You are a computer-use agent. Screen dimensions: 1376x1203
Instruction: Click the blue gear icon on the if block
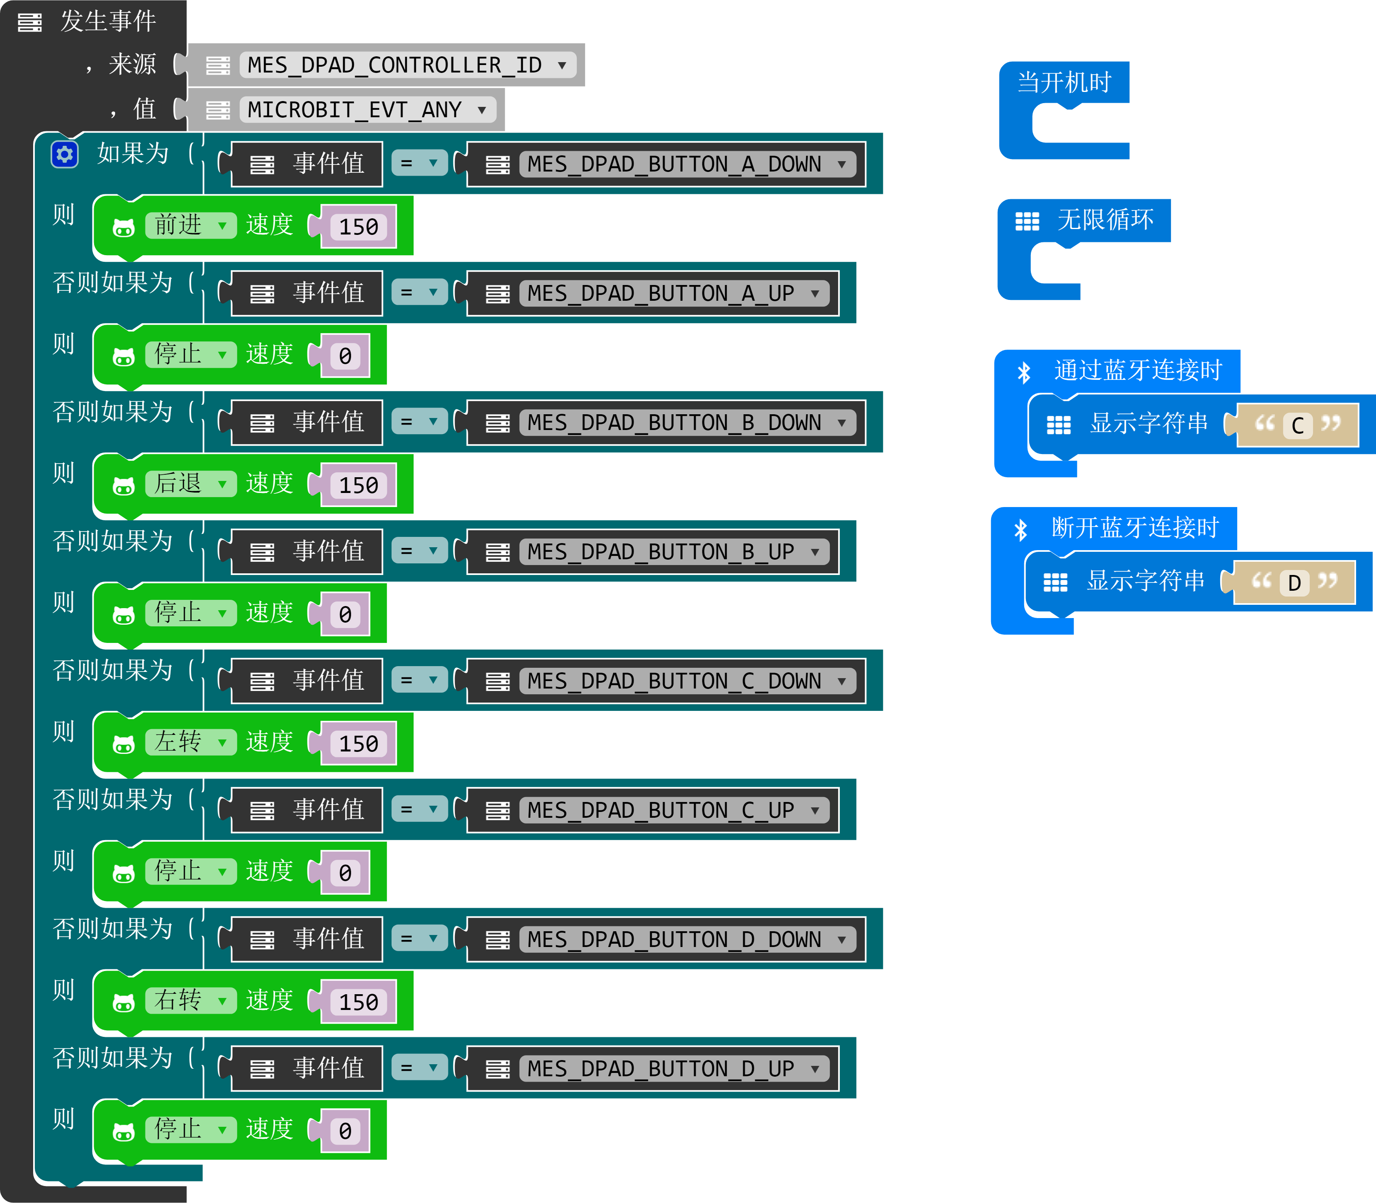tap(65, 155)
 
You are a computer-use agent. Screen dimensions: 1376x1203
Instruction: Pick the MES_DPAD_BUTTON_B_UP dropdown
tap(674, 552)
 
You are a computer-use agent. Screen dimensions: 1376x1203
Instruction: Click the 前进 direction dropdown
tap(191, 225)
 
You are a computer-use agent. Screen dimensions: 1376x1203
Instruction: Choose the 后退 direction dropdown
tap(191, 484)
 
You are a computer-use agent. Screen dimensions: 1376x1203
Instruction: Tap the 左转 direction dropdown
tap(191, 742)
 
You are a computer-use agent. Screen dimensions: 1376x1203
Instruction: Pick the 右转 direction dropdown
tap(191, 1001)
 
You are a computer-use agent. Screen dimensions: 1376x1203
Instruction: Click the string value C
tap(1297, 425)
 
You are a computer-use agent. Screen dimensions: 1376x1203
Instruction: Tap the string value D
tap(1294, 583)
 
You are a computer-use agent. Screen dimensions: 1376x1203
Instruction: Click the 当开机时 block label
tap(1064, 82)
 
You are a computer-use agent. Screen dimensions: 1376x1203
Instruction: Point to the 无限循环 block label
tap(1105, 220)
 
